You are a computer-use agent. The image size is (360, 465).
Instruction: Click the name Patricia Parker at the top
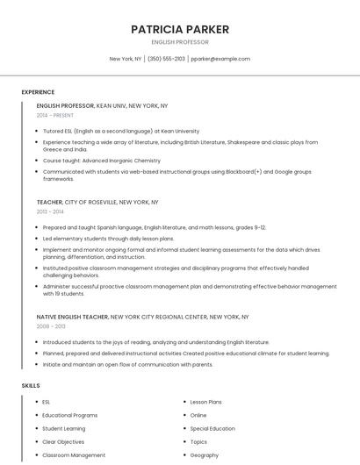pos(180,29)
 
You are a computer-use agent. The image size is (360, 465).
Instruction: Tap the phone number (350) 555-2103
pos(166,59)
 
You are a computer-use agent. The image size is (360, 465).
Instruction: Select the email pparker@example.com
pos(220,59)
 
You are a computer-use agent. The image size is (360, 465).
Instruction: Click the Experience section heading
pos(38,92)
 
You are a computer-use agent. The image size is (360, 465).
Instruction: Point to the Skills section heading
pos(30,385)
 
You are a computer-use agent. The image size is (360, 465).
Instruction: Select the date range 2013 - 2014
pos(50,211)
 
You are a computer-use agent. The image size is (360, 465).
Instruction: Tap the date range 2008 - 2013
pos(50,325)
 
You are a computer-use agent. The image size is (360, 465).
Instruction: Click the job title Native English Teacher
pos(73,316)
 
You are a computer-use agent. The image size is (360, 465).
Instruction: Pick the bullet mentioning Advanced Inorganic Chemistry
pos(102,161)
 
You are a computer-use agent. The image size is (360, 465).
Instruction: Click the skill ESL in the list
pos(46,402)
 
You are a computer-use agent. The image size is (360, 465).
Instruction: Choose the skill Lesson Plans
pos(205,402)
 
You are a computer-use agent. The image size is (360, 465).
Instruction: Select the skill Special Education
pos(212,428)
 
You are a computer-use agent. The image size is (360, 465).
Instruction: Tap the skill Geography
pos(204,455)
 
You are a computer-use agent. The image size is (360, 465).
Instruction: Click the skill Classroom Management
pos(74,455)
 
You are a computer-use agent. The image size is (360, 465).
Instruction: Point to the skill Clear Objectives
pos(63,442)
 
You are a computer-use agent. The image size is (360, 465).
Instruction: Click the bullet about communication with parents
pos(127,364)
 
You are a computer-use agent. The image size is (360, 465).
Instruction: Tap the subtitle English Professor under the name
pos(180,42)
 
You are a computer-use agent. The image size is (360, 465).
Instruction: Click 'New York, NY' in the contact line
pos(126,59)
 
